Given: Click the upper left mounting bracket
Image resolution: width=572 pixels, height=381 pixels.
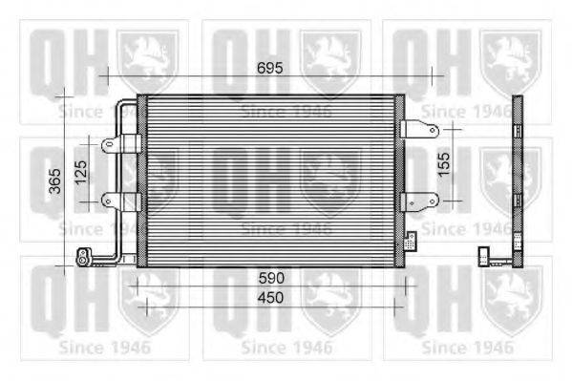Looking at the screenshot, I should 120,145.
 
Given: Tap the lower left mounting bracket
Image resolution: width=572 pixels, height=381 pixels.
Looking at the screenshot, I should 120,201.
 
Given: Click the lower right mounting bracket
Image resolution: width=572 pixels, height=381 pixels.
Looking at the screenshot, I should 418,201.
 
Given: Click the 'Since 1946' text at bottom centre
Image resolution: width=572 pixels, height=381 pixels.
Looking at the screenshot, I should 286,347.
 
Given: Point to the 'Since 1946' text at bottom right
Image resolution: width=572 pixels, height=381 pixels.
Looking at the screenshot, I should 467,347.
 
